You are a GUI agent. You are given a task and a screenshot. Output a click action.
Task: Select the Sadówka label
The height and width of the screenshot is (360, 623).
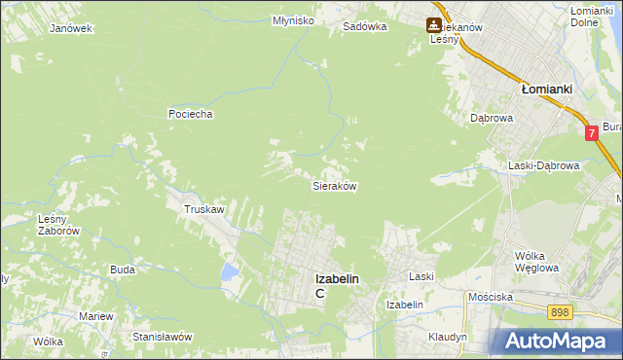click(365, 27)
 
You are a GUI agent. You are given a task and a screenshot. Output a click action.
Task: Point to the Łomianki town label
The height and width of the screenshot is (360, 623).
click(545, 88)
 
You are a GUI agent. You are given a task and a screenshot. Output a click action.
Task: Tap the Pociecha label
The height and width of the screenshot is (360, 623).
click(190, 114)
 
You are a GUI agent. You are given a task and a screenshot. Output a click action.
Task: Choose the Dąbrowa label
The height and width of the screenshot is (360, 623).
click(491, 118)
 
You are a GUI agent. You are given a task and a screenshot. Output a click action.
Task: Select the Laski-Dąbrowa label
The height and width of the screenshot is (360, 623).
click(544, 165)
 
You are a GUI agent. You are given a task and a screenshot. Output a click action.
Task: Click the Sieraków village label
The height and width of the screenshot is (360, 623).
click(334, 185)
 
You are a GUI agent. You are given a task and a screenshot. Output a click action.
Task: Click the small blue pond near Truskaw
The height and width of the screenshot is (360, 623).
click(229, 271)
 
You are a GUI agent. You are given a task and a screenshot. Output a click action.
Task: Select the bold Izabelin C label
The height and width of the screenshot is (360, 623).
click(336, 284)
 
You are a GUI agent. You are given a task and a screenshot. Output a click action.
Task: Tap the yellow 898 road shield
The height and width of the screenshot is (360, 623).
click(559, 312)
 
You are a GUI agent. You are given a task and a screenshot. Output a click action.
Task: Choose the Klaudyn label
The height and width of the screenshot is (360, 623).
click(448, 337)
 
